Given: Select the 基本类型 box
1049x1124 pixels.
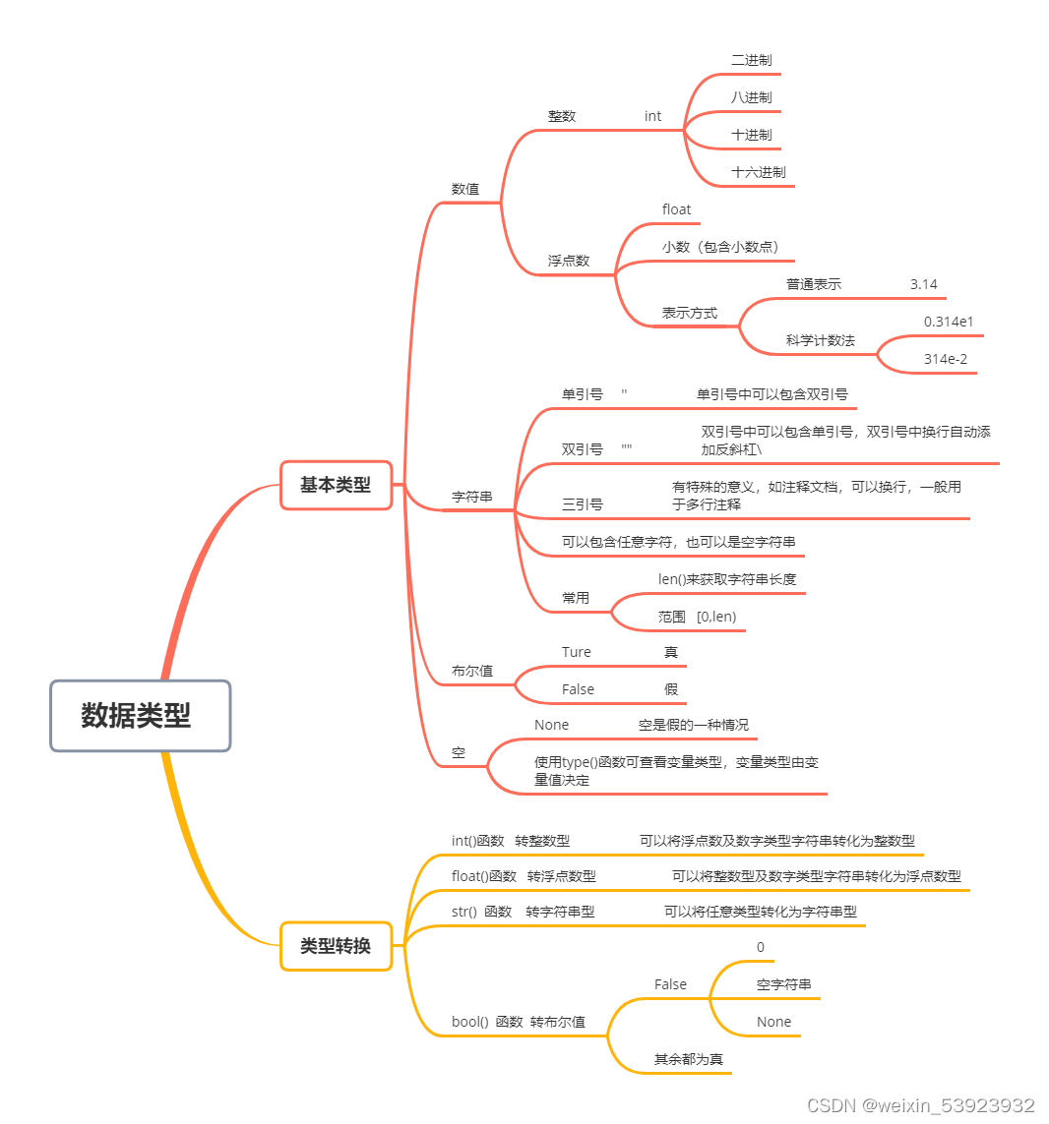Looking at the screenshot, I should [336, 485].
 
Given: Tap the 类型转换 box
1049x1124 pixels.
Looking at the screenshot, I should [336, 946].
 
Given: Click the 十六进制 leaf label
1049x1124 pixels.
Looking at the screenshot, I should [758, 172].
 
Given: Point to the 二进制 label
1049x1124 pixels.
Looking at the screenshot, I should [751, 60].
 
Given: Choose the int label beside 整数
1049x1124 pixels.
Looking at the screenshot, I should [652, 116].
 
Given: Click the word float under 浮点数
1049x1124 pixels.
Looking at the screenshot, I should [676, 209].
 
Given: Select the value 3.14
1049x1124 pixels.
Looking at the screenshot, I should [923, 284].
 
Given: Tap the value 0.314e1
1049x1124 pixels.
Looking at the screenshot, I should [949, 322].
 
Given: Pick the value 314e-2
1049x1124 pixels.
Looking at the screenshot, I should [945, 359].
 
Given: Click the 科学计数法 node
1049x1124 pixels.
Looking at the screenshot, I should [820, 340].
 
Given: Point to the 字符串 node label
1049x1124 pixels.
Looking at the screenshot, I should [471, 497].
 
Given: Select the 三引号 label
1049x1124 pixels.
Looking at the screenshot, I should [582, 504].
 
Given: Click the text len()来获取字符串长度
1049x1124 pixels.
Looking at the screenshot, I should [726, 579].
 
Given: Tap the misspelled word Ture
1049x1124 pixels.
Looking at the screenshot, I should [576, 652].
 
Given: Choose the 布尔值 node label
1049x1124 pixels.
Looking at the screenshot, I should [471, 671].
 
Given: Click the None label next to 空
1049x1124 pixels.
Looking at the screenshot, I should [551, 725].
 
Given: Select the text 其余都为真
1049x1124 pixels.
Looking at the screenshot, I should [688, 1059].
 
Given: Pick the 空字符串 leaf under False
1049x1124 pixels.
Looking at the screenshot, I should [783, 984].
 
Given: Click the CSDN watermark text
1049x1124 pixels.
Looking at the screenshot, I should [920, 1105].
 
